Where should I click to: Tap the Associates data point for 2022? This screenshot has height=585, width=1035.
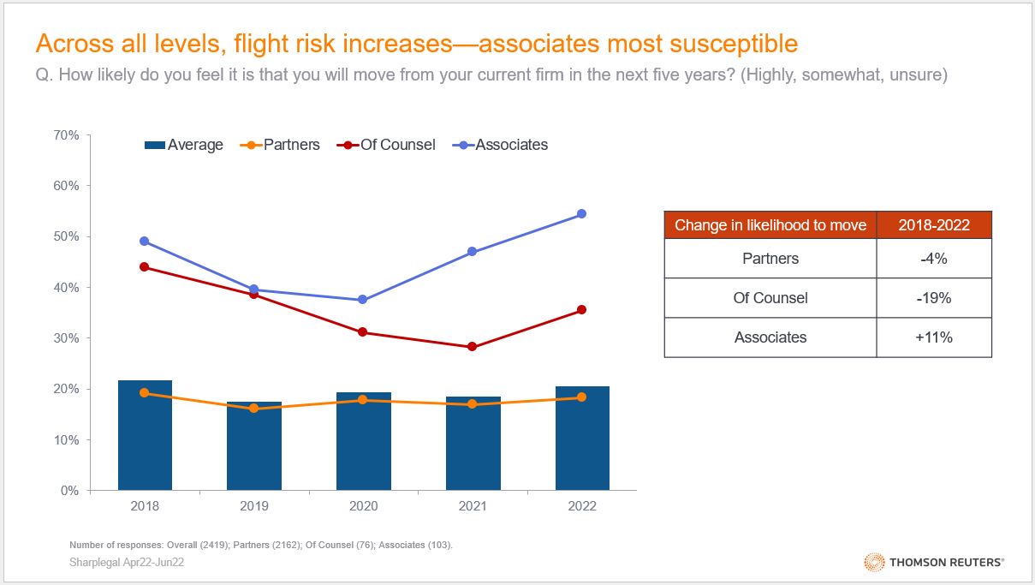coord(582,213)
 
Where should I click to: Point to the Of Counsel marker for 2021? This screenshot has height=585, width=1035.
coord(473,347)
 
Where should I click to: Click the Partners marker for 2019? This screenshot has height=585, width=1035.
coord(254,409)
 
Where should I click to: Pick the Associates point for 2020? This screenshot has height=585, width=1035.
coord(363,300)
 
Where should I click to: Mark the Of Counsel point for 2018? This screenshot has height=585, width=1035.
coord(145,266)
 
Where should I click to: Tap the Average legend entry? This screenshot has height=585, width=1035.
coord(184,145)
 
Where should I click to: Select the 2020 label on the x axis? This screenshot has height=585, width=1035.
coord(363,506)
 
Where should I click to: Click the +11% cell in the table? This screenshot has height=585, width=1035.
coord(934,337)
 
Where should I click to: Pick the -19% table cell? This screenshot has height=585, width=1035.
coord(934,298)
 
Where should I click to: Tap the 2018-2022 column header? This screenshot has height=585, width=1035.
coord(934,225)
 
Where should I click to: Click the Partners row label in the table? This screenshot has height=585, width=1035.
coord(770,259)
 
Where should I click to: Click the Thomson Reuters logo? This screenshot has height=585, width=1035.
coord(935,562)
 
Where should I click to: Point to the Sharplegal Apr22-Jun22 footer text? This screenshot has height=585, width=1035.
coord(127,562)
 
